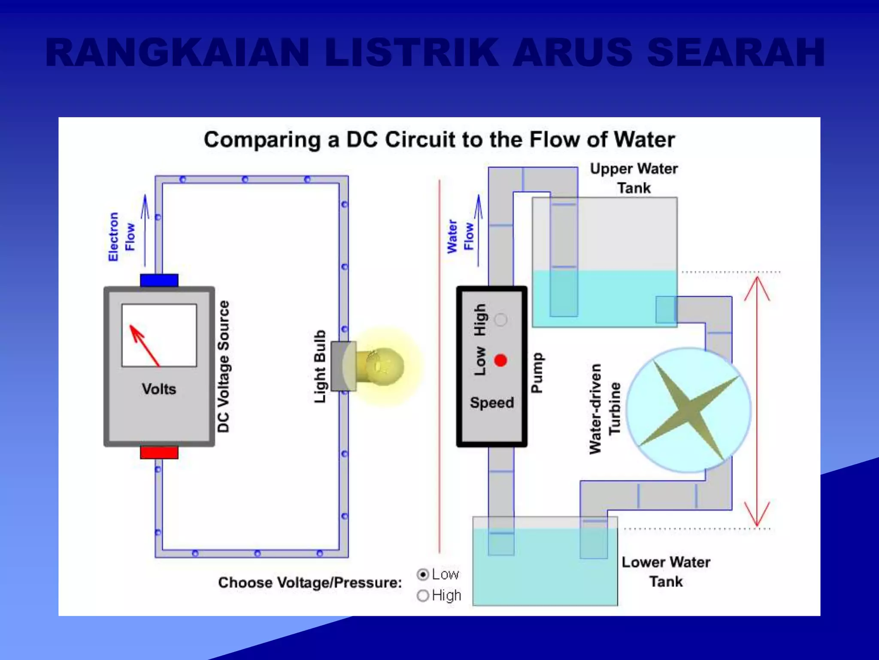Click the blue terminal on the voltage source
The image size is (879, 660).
point(159,280)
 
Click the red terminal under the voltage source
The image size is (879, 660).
point(159,452)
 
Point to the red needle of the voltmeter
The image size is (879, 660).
point(145,346)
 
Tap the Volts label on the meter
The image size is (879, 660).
point(159,389)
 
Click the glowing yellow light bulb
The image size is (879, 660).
point(383,366)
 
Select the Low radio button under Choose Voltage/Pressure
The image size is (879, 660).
point(423,574)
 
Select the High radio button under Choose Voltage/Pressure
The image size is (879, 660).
point(423,596)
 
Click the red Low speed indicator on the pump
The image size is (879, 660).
point(500,360)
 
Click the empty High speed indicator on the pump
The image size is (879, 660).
point(500,320)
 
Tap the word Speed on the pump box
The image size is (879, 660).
point(492,403)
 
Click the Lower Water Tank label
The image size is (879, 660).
point(666,571)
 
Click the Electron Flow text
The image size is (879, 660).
point(121,236)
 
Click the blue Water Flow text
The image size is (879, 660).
point(460,236)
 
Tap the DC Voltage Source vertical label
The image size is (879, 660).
point(223,366)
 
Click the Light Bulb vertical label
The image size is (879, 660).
point(320,366)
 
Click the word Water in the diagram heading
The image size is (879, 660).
point(644,140)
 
